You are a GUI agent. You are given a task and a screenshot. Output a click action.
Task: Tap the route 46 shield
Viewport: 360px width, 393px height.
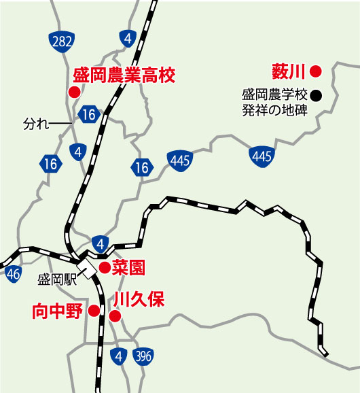click(x=12, y=274)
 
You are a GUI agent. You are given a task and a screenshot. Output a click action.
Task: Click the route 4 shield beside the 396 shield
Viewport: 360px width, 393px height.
click(x=120, y=356)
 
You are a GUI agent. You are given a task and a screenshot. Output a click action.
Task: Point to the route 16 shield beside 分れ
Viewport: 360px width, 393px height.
click(x=88, y=114)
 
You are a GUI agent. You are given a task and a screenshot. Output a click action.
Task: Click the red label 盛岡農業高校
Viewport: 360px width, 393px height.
click(x=124, y=74)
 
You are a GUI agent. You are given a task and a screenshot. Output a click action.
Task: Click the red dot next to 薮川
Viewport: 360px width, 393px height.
click(x=315, y=70)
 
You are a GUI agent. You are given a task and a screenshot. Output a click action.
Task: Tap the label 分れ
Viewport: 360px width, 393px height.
click(x=36, y=124)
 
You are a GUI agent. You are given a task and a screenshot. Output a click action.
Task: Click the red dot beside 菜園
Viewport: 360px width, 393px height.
click(x=105, y=268)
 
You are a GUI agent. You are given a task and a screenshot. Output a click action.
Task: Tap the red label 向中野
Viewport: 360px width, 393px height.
click(x=57, y=311)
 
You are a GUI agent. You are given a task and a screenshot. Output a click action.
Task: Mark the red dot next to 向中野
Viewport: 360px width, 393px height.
click(x=94, y=311)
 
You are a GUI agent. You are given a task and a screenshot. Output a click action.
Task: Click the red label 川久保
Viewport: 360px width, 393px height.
click(x=139, y=300)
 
